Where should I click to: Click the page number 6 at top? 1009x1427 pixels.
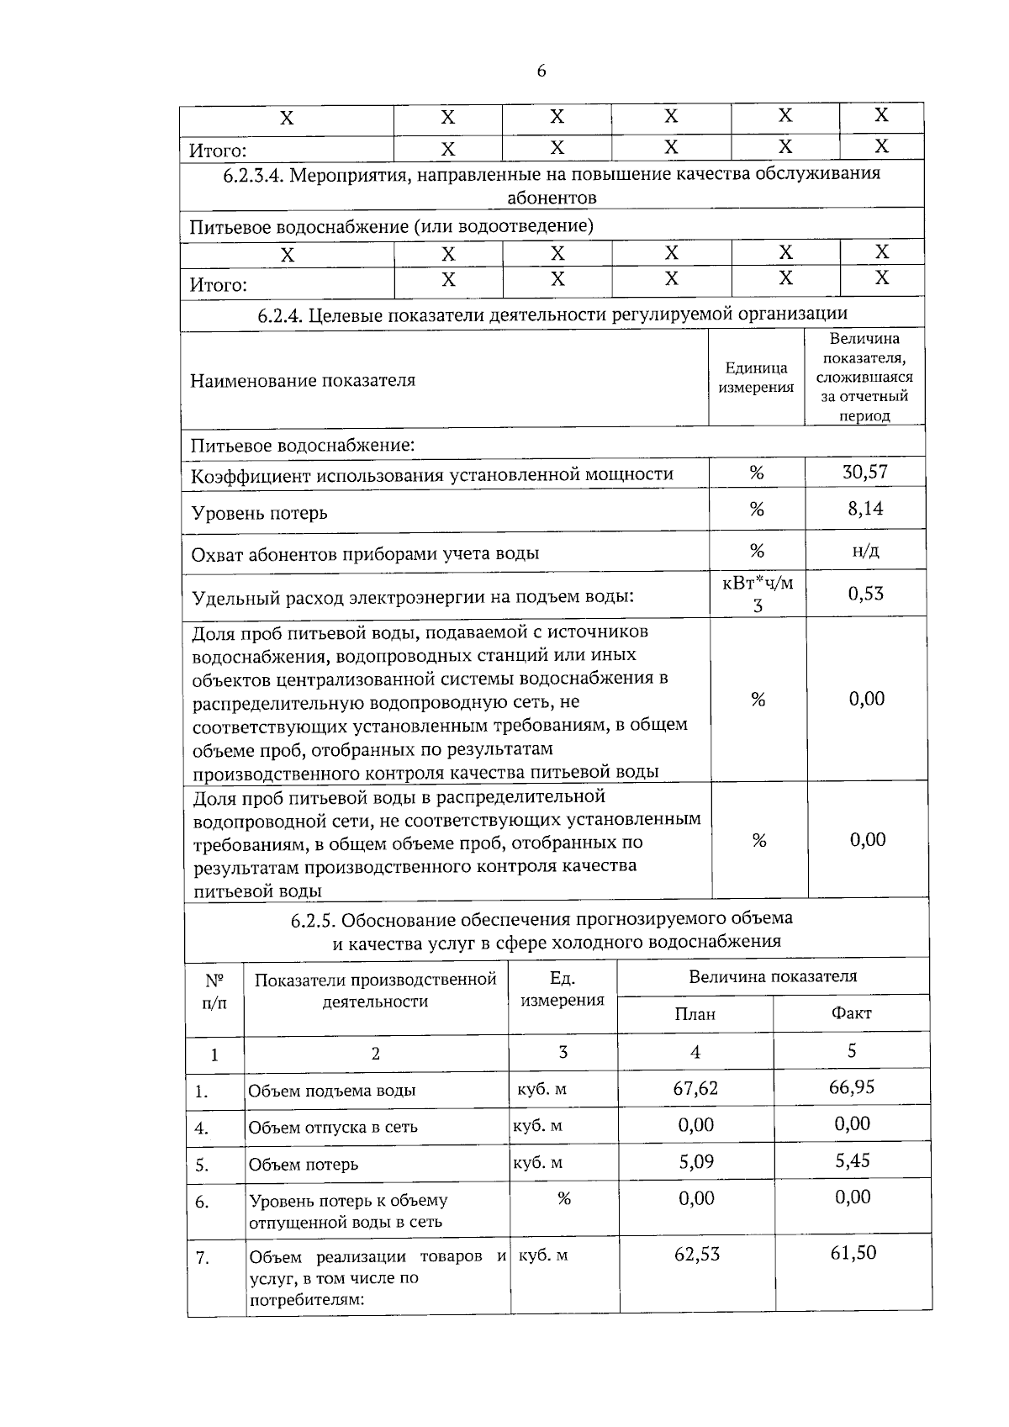pos(541,71)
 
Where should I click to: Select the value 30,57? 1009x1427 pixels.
pos(865,472)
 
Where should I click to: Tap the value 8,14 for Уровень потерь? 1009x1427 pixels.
pos(865,509)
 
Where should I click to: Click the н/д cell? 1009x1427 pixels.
pos(865,551)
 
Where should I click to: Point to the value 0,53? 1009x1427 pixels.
pos(865,594)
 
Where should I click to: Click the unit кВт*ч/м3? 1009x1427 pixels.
pos(758,594)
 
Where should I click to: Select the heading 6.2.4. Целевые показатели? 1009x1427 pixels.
pos(552,314)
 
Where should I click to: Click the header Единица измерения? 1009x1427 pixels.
pos(757,378)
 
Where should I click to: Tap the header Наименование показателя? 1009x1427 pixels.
pos(303,380)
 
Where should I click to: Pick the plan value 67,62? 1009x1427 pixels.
pos(695,1088)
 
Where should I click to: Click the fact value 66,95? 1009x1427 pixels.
pos(852,1087)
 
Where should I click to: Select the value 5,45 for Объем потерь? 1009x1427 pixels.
pos(852,1161)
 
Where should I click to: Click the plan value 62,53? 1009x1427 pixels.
pos(697,1255)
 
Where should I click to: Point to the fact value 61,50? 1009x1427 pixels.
pos(853,1253)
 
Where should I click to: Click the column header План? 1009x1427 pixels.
pos(695,1014)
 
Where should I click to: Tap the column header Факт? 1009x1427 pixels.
pos(851,1013)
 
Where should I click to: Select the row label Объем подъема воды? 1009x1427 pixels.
pos(331,1091)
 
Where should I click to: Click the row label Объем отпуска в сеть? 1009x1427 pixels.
pos(333,1128)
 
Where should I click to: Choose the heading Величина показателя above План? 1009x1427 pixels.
pos(773,976)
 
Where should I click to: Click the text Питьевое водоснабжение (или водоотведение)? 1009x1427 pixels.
pos(391,226)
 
